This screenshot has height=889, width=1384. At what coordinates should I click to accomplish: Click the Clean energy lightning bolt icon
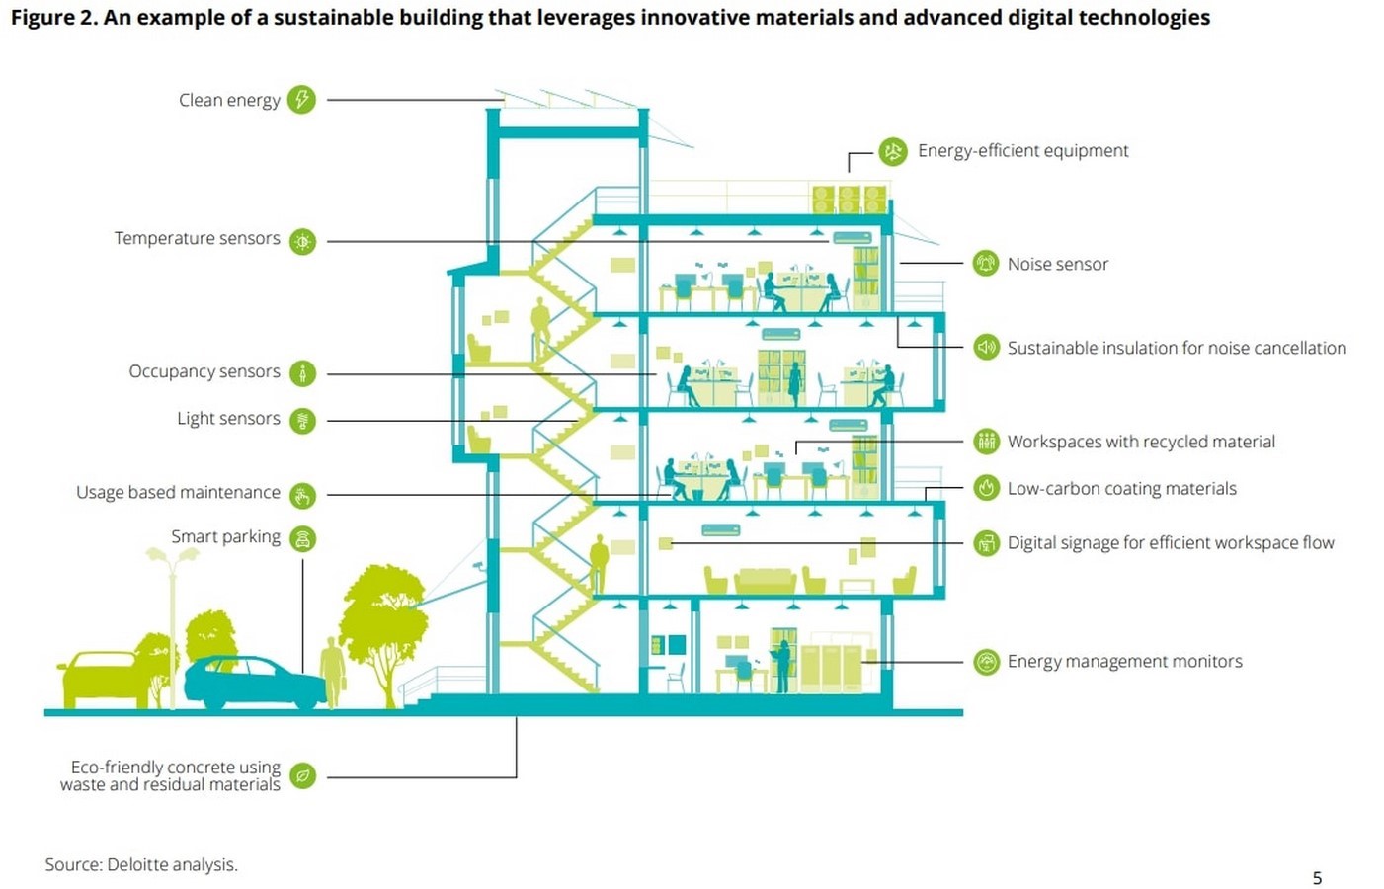coord(302,99)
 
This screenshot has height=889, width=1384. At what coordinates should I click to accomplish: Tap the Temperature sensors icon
coord(302,241)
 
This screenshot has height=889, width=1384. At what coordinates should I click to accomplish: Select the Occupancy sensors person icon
coord(302,373)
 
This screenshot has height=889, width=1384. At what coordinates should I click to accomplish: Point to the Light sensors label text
coord(228,418)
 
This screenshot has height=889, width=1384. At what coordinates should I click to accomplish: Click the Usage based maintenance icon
coord(302,495)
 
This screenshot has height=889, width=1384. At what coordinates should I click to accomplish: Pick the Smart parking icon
coord(302,538)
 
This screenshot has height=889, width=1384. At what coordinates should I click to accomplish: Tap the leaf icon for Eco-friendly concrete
coord(302,775)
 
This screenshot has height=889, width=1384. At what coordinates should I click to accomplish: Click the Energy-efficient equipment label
coord(1023,151)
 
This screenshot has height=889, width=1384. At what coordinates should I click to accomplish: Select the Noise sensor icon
coord(986,263)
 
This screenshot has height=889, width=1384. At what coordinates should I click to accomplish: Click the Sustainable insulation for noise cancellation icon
coord(987,347)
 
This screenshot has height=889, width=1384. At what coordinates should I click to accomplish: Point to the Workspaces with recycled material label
coord(1141,442)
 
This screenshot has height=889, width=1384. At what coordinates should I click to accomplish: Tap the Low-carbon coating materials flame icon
coord(987,488)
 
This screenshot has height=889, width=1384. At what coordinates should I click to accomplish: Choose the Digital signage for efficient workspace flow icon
coord(987,543)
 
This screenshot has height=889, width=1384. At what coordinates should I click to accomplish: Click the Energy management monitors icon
coord(987,662)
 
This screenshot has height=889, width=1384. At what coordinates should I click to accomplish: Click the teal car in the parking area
coord(255,683)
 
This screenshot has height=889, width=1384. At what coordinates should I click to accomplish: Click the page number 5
coord(1317,878)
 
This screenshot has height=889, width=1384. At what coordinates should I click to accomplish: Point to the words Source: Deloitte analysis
coord(141,864)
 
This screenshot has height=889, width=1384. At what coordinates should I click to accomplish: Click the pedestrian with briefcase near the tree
coord(333,672)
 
